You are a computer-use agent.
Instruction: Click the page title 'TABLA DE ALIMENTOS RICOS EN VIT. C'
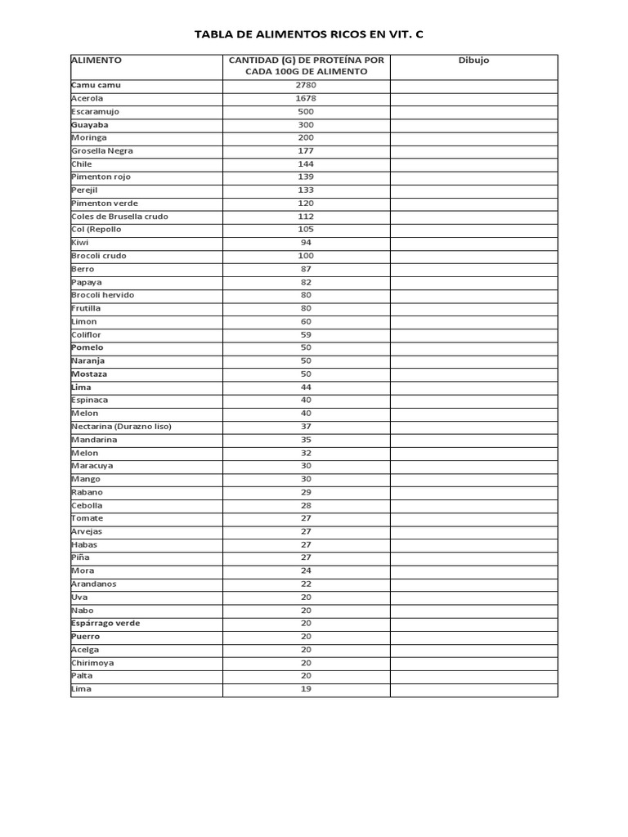coord(309,34)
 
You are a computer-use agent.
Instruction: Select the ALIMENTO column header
coord(96,60)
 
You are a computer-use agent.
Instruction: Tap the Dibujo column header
coord(473,60)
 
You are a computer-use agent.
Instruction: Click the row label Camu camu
coord(96,85)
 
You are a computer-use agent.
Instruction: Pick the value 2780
coord(306,85)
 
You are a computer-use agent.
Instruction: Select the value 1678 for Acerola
coord(306,98)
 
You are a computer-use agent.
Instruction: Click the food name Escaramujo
coord(95,111)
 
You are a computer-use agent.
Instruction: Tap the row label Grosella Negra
coord(101,150)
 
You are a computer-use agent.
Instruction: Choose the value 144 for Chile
coord(306,163)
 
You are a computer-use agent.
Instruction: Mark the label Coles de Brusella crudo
coord(119,217)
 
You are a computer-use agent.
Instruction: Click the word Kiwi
coord(80,243)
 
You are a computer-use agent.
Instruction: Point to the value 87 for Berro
coord(306,269)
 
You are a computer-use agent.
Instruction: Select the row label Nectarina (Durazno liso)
coord(121,426)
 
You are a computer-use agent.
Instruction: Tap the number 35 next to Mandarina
coord(306,439)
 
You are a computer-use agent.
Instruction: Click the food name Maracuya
coord(92,466)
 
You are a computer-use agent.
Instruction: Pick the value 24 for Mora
coord(306,571)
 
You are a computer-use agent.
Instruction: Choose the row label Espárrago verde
coord(105,623)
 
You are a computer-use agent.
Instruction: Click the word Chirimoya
coord(92,662)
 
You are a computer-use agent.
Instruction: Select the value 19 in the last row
coord(306,688)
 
